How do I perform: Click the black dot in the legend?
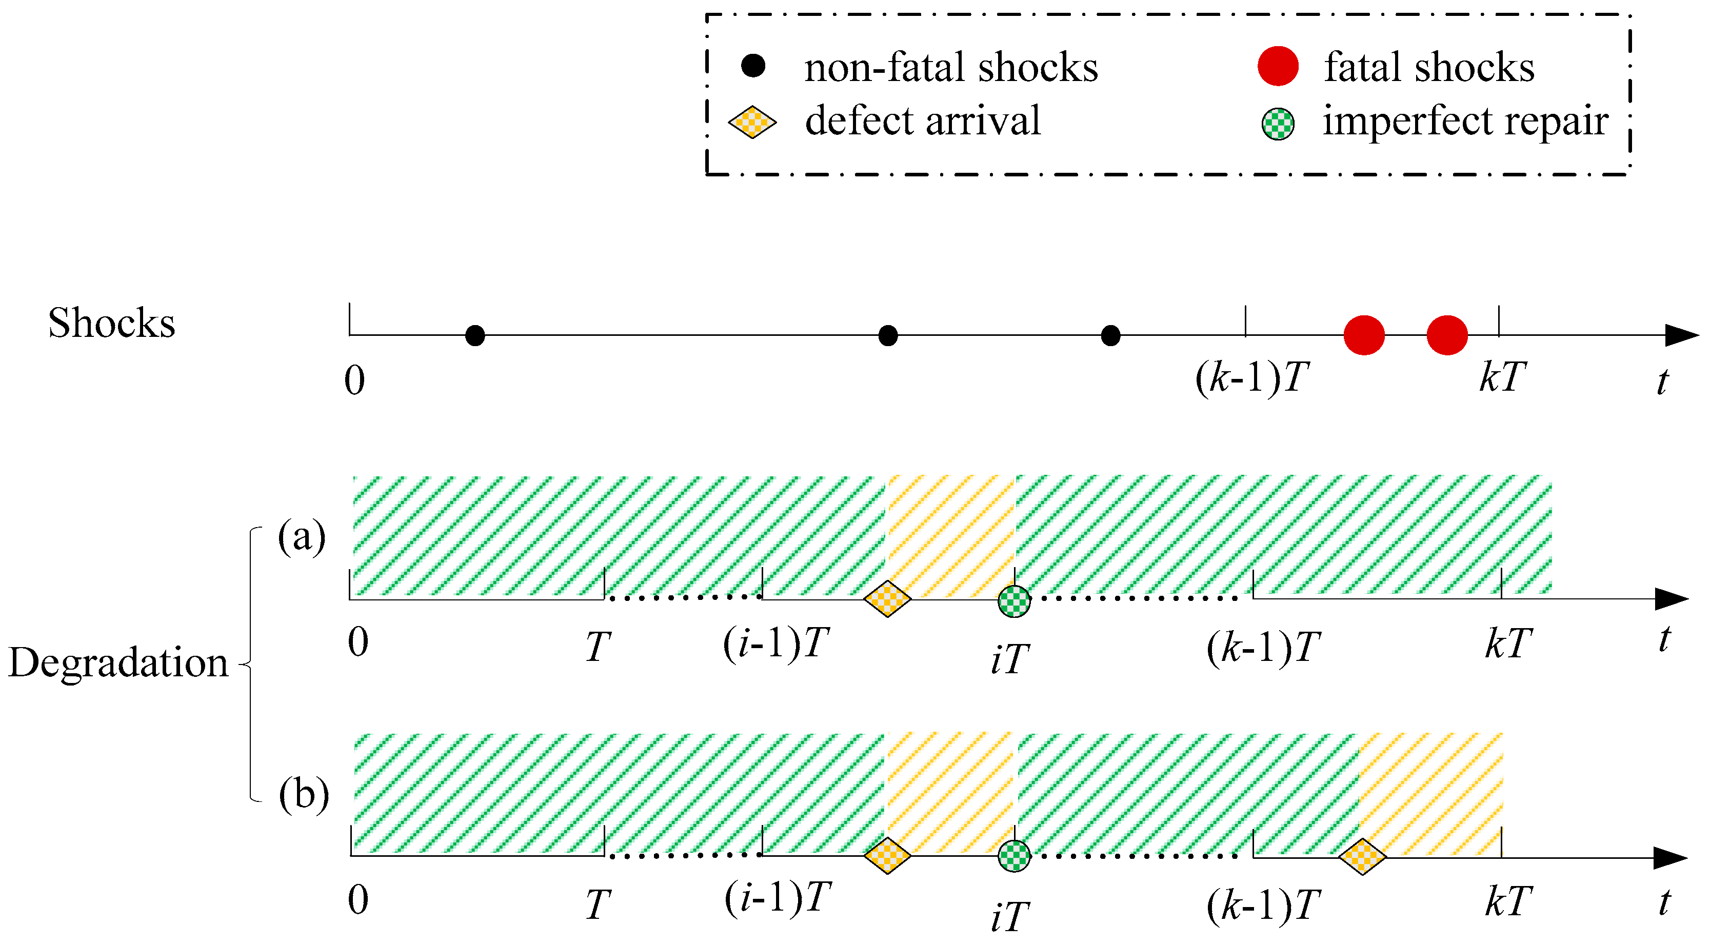753,66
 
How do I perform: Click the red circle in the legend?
1278,66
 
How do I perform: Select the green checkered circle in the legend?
1278,124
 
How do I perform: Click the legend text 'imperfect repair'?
1465,122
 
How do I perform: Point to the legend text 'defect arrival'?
923,122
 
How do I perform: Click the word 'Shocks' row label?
111,323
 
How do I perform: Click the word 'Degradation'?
118,663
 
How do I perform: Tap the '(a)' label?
302,536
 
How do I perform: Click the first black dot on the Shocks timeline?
474,336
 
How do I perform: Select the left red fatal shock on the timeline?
1364,336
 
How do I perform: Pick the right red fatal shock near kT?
1447,336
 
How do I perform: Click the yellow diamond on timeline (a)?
887,599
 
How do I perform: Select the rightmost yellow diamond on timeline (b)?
1362,857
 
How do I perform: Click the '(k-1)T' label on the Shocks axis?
1252,378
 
